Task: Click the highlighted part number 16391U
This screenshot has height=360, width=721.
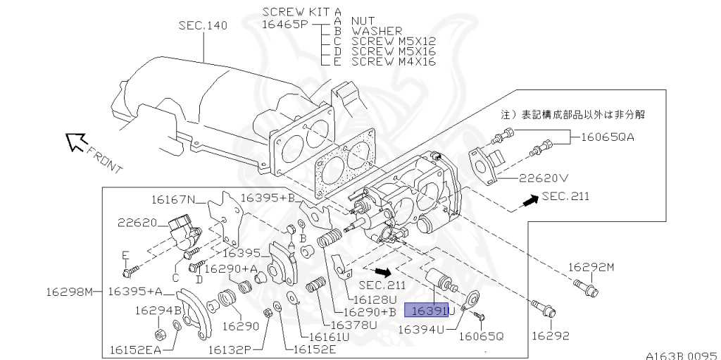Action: point(433,310)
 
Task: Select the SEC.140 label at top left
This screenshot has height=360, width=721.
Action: point(203,26)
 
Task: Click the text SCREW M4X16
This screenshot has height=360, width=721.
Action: point(393,62)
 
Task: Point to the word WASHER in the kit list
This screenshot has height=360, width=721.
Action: point(377,31)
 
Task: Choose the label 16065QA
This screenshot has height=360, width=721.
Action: point(608,137)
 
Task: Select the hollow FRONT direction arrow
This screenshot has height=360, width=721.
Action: point(75,143)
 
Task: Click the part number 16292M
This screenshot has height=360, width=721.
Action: point(591,268)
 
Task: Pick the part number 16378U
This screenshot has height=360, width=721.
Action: point(353,325)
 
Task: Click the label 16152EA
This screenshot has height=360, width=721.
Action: point(135,348)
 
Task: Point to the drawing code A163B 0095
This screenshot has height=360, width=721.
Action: point(681,356)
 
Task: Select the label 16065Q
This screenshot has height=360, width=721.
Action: point(482,336)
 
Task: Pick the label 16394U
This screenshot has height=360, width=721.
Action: point(421,329)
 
